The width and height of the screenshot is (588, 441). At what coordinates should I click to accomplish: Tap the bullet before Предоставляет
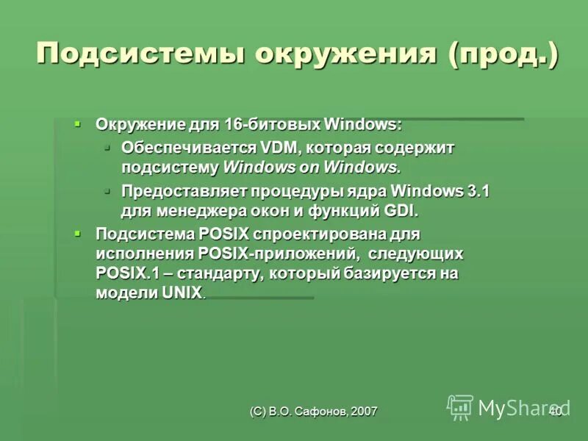[x=107, y=190]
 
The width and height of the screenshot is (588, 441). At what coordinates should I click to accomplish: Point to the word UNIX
[x=181, y=293]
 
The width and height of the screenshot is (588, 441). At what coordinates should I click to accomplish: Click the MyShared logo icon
[x=461, y=407]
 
